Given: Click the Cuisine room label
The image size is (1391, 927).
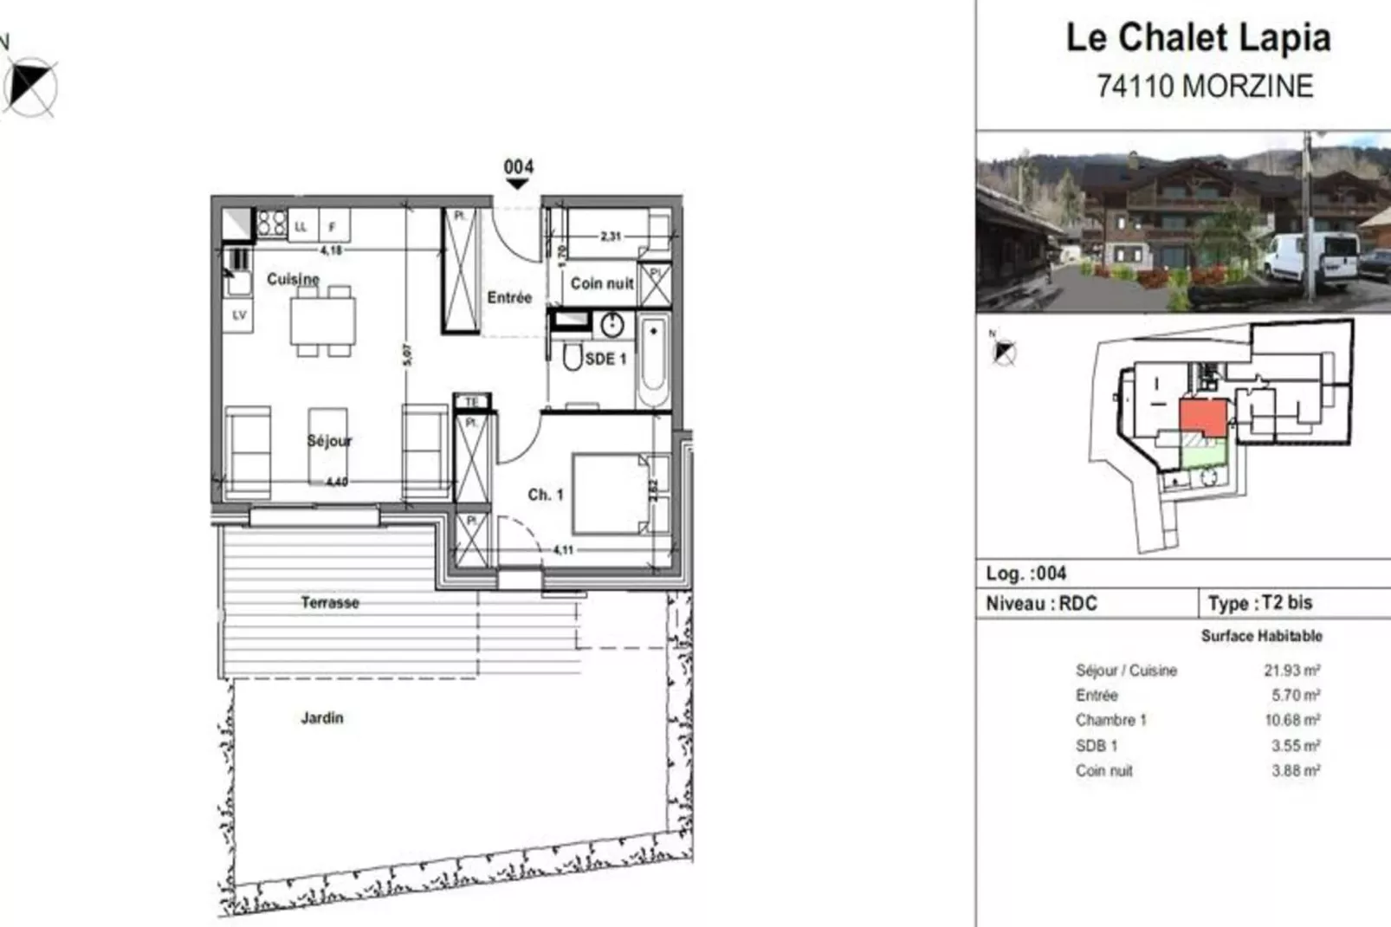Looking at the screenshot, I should [293, 279].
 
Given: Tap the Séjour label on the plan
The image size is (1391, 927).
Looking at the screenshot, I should [329, 441].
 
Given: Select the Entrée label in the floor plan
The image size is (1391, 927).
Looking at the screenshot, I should [508, 297].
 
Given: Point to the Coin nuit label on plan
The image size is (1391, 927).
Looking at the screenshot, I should [601, 283].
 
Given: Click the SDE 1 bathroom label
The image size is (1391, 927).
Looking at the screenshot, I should [605, 359].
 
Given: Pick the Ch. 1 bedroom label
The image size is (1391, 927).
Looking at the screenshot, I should [546, 495].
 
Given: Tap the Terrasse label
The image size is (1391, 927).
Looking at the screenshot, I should [330, 602].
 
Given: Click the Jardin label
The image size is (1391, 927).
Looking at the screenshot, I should [322, 717].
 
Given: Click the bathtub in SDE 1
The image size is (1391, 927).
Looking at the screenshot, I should [654, 362].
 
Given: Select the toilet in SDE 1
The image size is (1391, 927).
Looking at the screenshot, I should [573, 356].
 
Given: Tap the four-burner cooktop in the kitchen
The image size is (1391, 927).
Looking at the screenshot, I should [272, 224].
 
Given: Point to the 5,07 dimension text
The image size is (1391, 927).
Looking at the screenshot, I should [407, 354].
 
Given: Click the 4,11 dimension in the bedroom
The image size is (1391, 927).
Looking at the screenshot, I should [563, 549].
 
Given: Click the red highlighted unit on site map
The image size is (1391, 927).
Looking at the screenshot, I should [1204, 417].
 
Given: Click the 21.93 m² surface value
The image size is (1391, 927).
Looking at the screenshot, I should [1291, 670].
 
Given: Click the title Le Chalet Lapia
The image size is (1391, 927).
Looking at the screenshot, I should [1198, 38].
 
